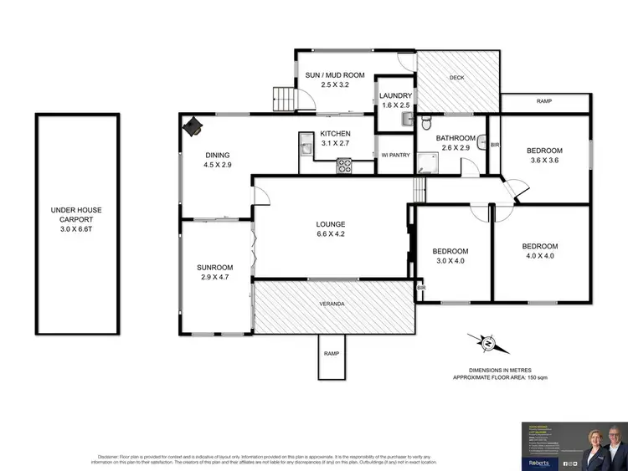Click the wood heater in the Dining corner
(193, 125)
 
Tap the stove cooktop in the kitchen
(343, 166)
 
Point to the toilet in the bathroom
(426, 125)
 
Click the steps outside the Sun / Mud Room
(286, 100)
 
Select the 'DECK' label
(456, 78)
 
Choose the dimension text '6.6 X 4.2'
(331, 234)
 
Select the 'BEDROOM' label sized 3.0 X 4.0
(450, 251)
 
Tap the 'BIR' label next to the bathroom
(493, 145)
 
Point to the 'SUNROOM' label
(214, 268)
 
